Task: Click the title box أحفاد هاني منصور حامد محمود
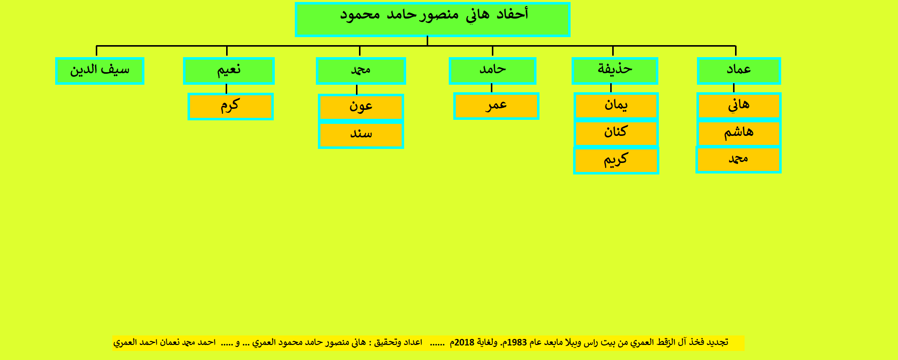[x=433, y=20]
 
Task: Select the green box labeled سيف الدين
[x=100, y=71]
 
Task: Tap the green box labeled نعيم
[x=229, y=71]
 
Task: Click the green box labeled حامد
[x=492, y=71]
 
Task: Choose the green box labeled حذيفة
[x=615, y=71]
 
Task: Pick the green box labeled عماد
[x=739, y=71]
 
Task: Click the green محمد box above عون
[x=361, y=71]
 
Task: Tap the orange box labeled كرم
[x=231, y=106]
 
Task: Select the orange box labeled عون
[x=361, y=107]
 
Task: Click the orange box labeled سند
[x=361, y=135]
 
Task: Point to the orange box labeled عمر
[x=496, y=106]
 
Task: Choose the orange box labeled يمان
[x=616, y=106]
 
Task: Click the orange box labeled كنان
[x=616, y=133]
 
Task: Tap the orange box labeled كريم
[x=616, y=160]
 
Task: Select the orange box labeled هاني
[x=739, y=106]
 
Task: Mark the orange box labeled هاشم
[x=739, y=133]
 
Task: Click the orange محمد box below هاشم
[x=739, y=160]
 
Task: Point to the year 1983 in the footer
[x=517, y=342]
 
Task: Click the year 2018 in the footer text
[x=464, y=342]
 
